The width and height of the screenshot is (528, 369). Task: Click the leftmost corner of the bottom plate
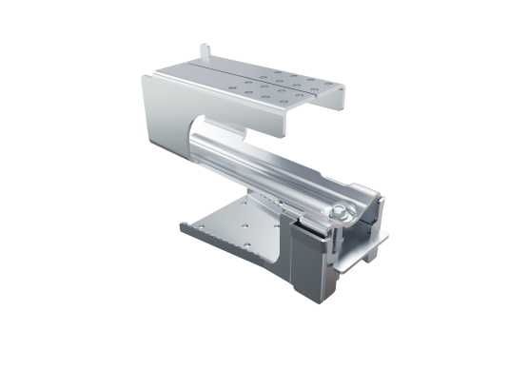[181, 226]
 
